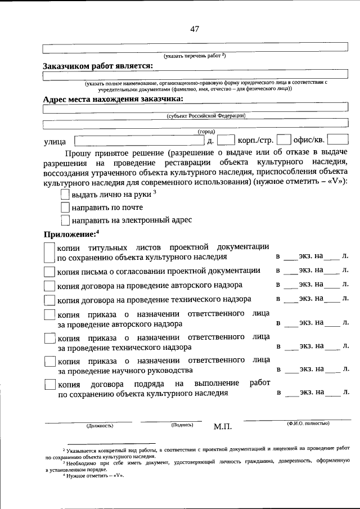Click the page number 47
pyautogui.click(x=194, y=29)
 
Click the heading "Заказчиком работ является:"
pyautogui.click(x=98, y=66)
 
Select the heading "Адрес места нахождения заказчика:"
pyautogui.click(x=113, y=99)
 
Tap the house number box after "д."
pyautogui.click(x=225, y=140)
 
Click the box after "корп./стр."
pyautogui.click(x=285, y=140)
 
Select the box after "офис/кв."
pyautogui.click(x=337, y=140)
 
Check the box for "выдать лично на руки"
pyautogui.click(x=65, y=195)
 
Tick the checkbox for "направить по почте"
pyautogui.click(x=65, y=208)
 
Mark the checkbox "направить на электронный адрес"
pyautogui.click(x=65, y=220)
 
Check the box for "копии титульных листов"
pyautogui.click(x=49, y=252)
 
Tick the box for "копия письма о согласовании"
pyautogui.click(x=49, y=272)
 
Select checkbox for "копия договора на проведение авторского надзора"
pyautogui.click(x=49, y=286)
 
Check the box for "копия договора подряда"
pyautogui.click(x=49, y=386)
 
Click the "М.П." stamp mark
pyautogui.click(x=223, y=427)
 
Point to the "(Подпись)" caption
pyautogui.click(x=182, y=425)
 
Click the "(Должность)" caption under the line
pyautogui.click(x=100, y=426)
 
